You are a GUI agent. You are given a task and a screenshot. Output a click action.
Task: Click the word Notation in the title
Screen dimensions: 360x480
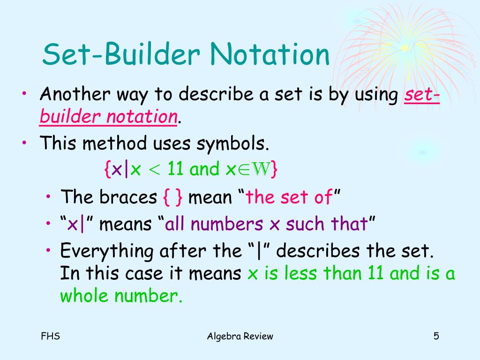[x=270, y=55]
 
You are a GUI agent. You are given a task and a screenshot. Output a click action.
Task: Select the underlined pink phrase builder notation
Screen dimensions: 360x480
[x=108, y=116]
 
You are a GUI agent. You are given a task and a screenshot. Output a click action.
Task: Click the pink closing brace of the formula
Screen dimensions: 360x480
[x=274, y=169]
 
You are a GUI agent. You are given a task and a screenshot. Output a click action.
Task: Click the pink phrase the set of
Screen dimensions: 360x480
[x=289, y=197]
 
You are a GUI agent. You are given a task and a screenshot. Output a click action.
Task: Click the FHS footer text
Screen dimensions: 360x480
[x=50, y=336]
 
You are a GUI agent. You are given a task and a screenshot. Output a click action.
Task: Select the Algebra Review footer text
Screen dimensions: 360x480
[x=240, y=336]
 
